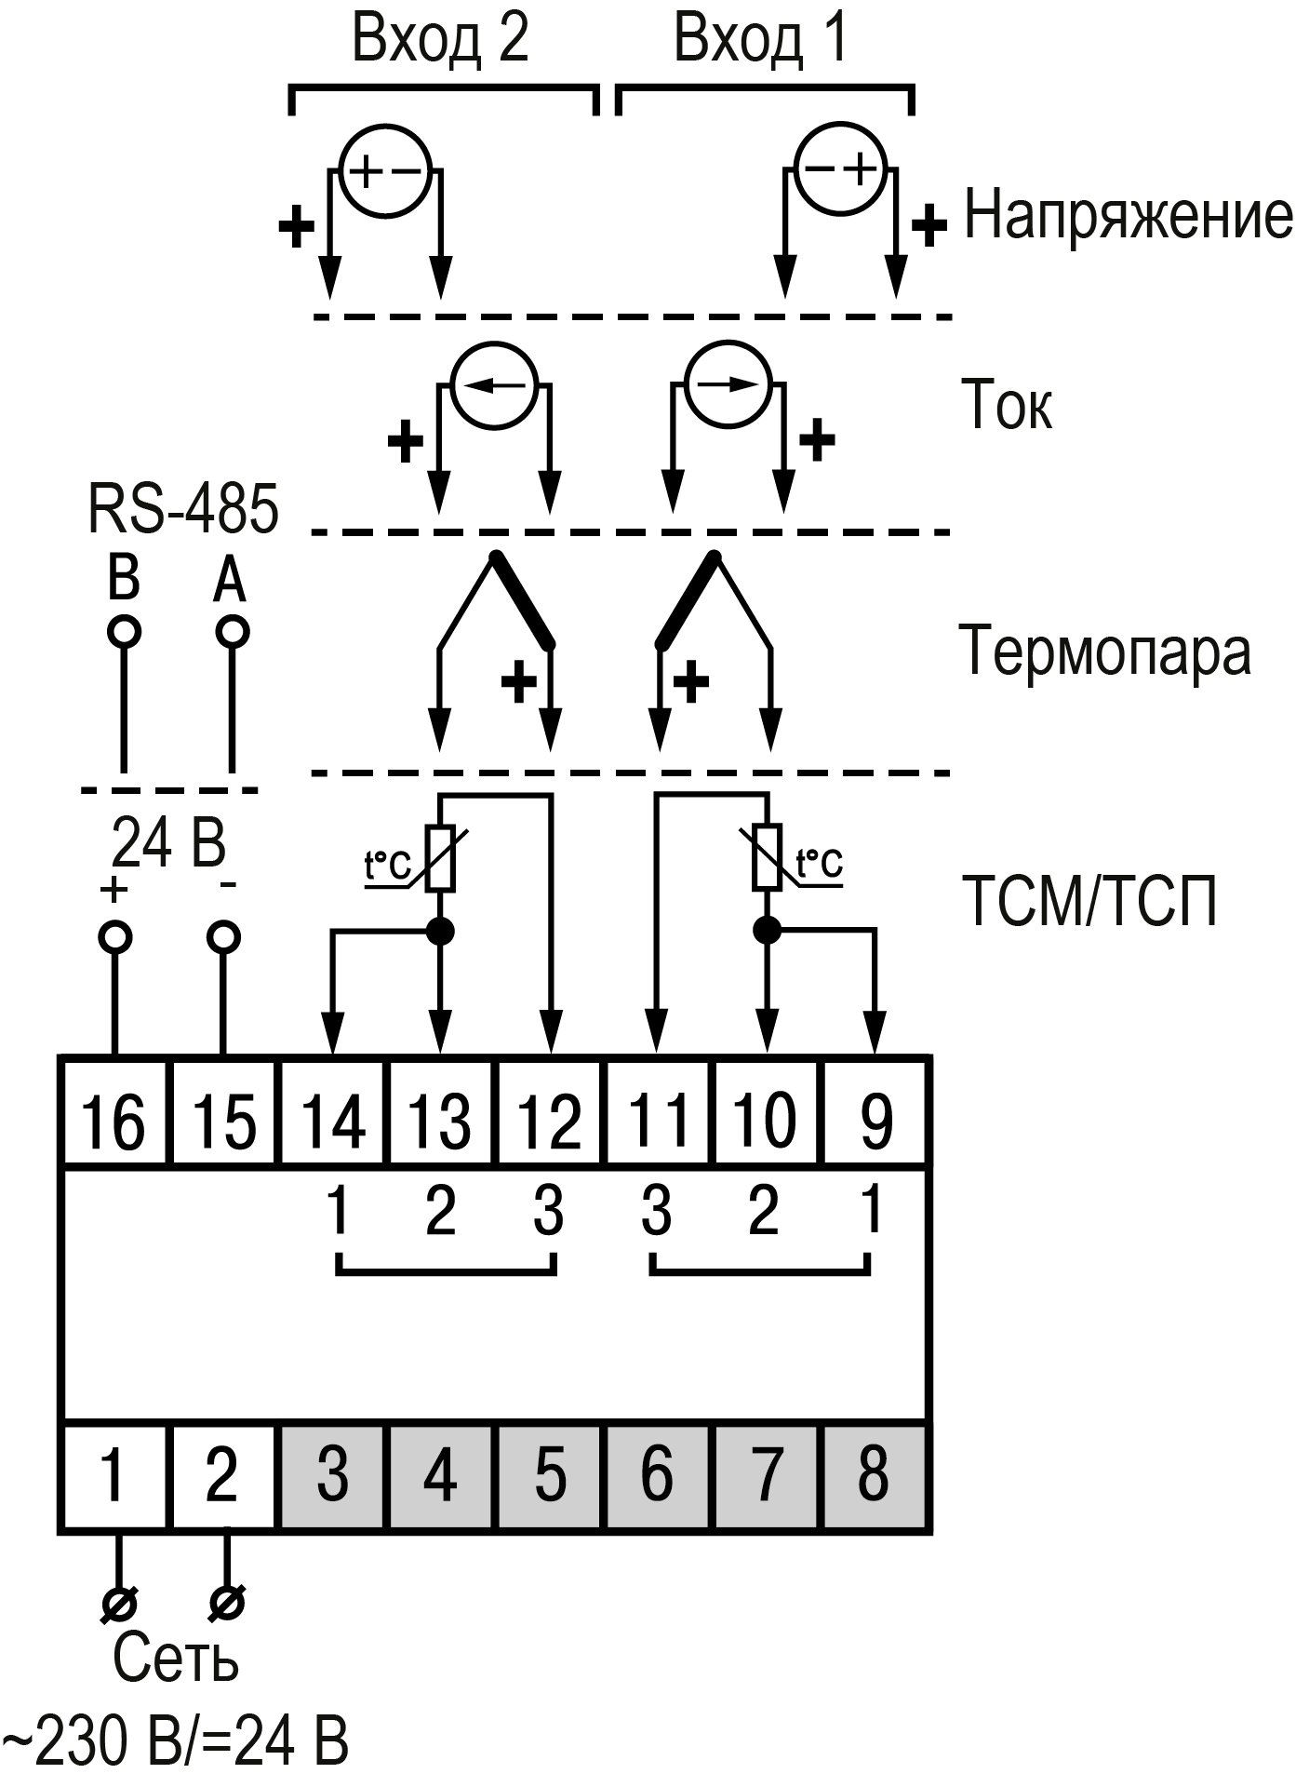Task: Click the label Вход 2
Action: (440, 39)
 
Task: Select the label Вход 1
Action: (761, 39)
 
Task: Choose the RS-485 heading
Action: (183, 509)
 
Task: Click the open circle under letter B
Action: (124, 632)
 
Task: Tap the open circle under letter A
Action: (232, 632)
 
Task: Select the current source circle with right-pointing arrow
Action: (729, 384)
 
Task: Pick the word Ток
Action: (1007, 406)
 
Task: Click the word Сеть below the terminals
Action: (176, 1659)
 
